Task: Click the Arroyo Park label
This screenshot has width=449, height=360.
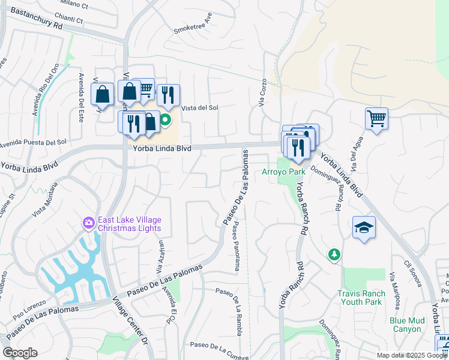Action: tap(284, 172)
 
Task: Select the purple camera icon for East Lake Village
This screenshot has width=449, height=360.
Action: tap(89, 223)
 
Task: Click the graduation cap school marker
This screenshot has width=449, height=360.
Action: tap(363, 228)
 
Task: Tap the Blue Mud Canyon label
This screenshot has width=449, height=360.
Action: tap(406, 324)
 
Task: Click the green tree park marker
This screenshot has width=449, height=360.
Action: tap(334, 255)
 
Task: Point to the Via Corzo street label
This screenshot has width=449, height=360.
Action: tap(262, 94)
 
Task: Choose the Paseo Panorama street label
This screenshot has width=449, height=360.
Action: tap(237, 247)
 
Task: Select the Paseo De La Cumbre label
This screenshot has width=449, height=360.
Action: tap(218, 346)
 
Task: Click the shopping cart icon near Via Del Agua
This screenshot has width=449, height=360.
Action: tap(376, 118)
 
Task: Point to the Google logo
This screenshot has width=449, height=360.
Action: tap(20, 353)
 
